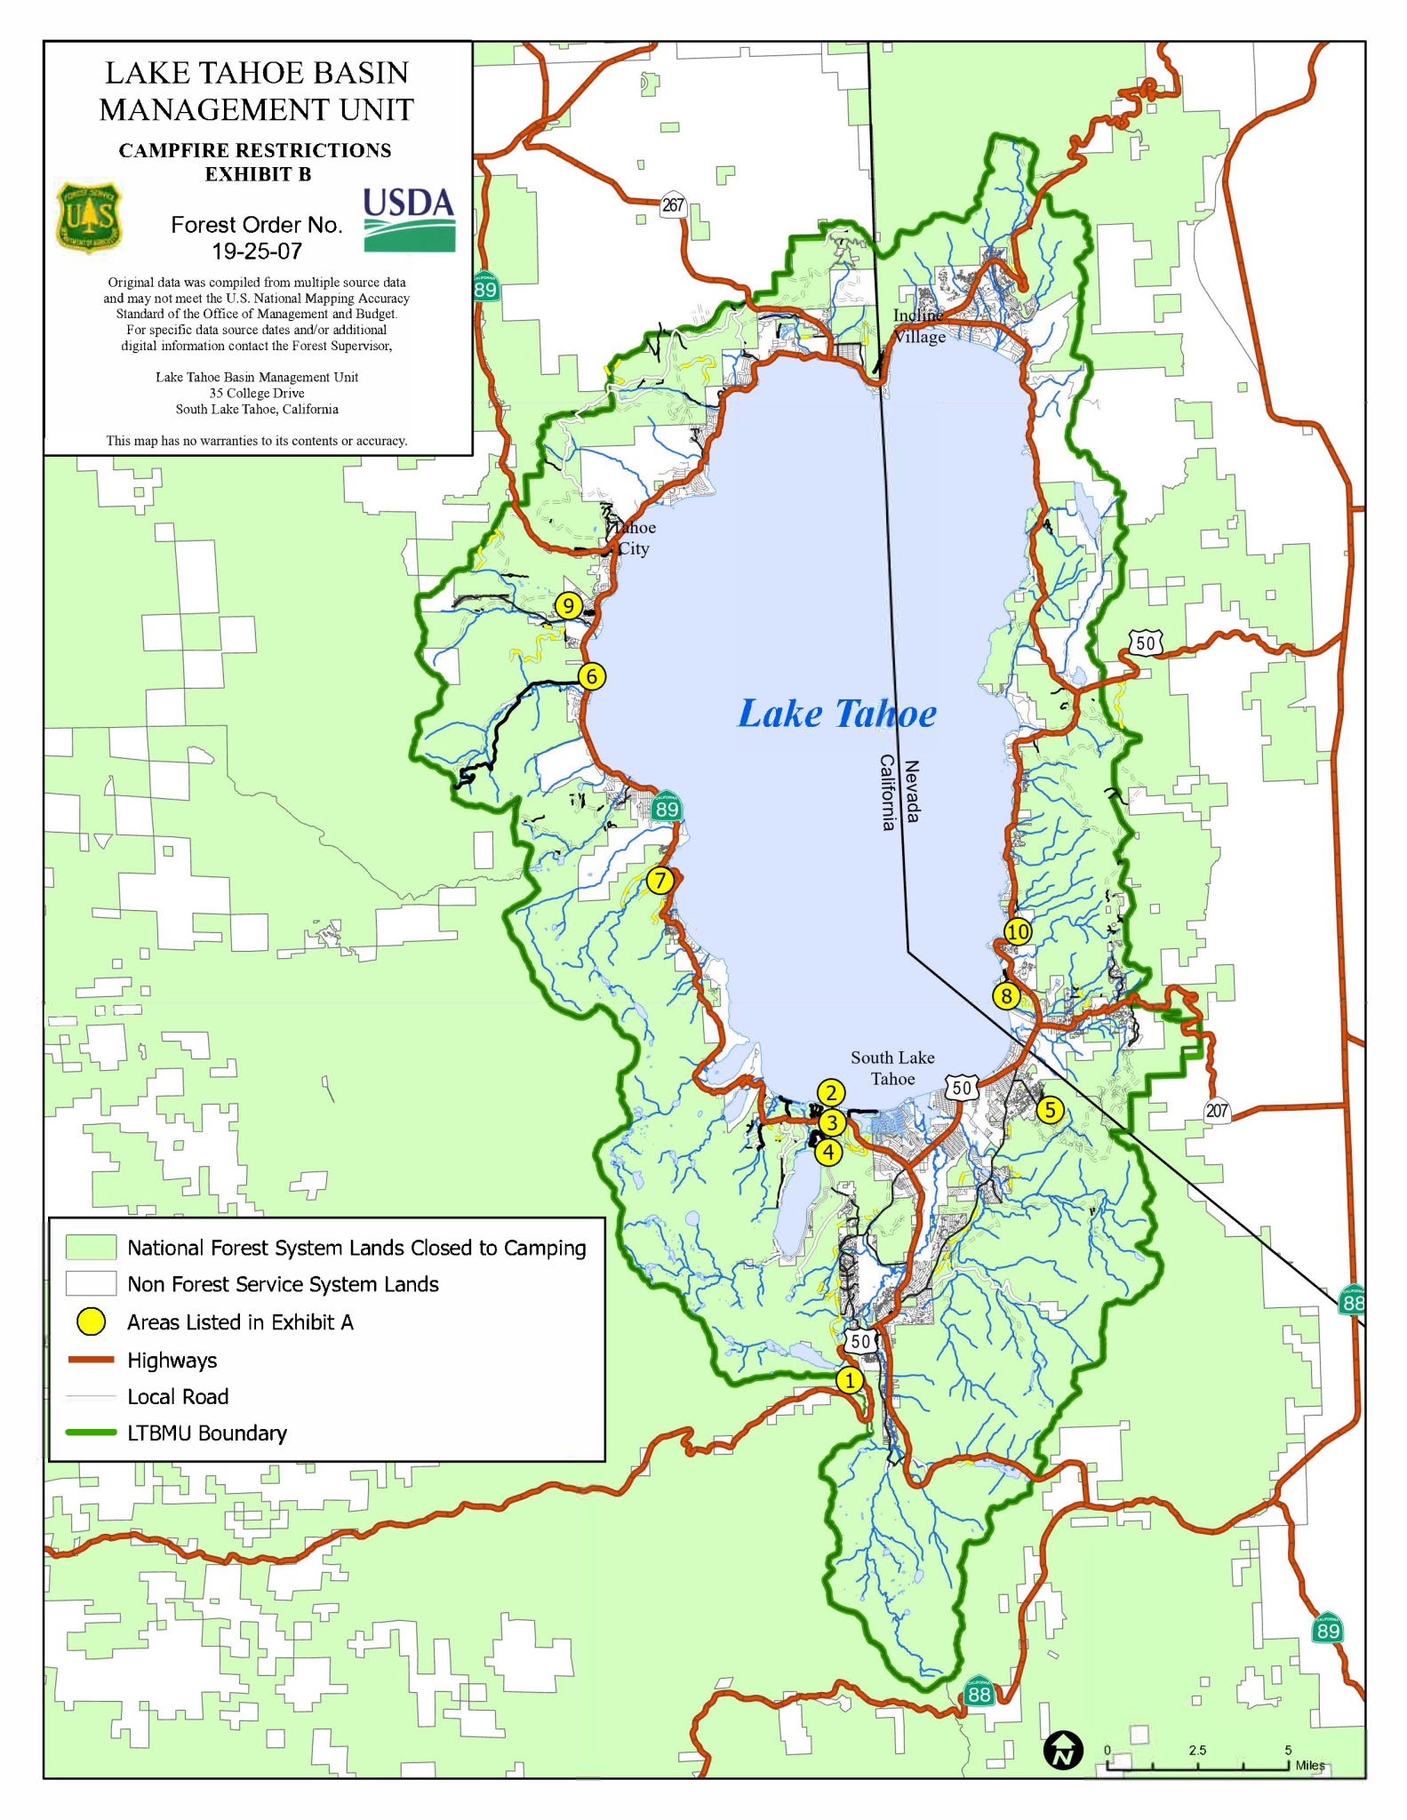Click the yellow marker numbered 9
568,606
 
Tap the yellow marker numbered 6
592,677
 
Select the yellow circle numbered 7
660,881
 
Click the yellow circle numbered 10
1018,931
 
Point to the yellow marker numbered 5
1051,1110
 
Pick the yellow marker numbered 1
850,1380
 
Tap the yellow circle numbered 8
1006,996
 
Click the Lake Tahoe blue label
836,714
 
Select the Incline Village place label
919,326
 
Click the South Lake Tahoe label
892,1068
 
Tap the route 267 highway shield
673,205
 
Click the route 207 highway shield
1217,1110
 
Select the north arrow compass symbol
1063,1751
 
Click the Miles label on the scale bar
1309,1765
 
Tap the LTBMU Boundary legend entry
206,1433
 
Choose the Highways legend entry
172,1360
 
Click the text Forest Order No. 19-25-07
257,237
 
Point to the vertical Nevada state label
912,792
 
